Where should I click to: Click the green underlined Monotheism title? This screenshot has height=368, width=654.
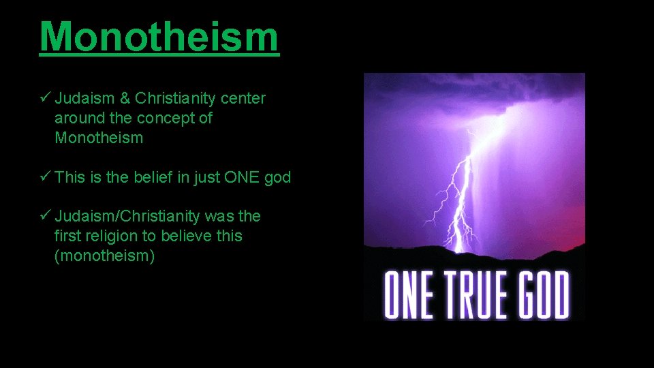(x=159, y=37)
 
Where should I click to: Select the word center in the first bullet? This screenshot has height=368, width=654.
(x=243, y=98)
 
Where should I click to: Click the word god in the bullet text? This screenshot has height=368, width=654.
(x=278, y=177)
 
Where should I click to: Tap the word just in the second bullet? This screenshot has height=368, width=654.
(x=205, y=177)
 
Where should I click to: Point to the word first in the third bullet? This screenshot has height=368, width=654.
(x=67, y=236)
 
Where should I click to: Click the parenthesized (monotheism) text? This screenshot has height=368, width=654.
(x=104, y=256)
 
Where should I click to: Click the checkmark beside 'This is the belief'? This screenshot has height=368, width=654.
(x=45, y=177)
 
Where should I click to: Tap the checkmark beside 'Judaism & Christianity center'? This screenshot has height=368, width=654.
(x=45, y=98)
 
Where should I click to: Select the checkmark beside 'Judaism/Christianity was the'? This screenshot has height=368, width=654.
(x=45, y=216)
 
